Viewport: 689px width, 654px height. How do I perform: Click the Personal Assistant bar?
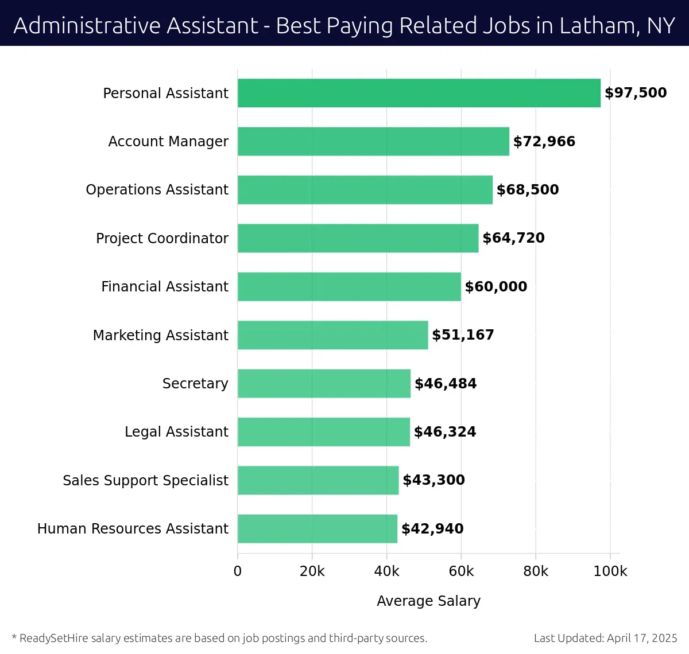coord(419,93)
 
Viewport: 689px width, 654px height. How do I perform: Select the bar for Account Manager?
coord(373,141)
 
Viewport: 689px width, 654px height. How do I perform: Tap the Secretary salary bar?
coord(324,383)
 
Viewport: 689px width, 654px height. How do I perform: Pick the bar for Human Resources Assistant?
coord(317,528)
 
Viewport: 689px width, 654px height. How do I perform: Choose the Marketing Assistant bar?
coord(332,335)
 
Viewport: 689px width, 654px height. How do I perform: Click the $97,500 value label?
coord(636,93)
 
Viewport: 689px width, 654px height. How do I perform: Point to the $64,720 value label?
coord(513,238)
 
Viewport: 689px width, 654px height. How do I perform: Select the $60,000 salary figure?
coord(496,286)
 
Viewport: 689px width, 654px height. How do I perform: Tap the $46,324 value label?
coord(445,431)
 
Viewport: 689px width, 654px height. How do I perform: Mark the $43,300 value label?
coord(433,480)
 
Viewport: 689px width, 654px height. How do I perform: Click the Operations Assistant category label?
coord(157,190)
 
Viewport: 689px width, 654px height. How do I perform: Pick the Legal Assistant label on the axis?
coord(176,431)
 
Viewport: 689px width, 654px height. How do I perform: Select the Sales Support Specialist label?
coord(145,480)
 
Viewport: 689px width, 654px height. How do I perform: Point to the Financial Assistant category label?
coord(165,286)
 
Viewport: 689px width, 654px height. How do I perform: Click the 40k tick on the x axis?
coord(386,571)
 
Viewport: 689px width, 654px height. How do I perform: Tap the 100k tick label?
coord(610,571)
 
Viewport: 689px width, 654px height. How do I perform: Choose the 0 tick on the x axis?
coord(238,571)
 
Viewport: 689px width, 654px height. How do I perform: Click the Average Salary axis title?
coord(428,601)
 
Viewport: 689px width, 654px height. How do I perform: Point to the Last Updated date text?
coord(605,638)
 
